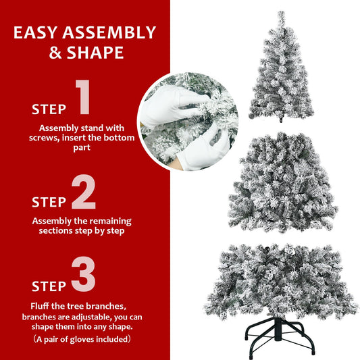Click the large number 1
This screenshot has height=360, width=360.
point(83,97)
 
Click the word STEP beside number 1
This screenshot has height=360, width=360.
point(49,109)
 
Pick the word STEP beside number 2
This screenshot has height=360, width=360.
point(49,202)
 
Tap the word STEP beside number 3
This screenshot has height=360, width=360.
point(49,286)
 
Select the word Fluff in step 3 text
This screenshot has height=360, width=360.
point(42,305)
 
